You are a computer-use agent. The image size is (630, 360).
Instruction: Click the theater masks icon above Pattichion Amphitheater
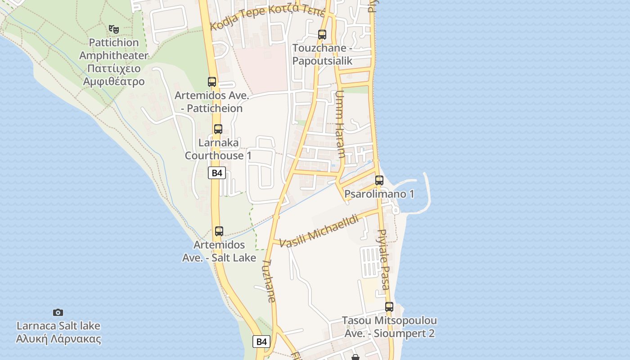point(114,29)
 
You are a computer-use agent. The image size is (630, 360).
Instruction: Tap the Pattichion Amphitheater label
point(114,62)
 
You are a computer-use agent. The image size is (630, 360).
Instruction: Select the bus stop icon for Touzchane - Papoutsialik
point(322,35)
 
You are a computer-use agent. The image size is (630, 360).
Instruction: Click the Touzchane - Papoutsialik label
point(322,54)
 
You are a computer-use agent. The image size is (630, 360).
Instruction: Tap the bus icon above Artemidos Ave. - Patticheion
point(212,82)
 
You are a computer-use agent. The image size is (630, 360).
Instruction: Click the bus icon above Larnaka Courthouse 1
point(218,129)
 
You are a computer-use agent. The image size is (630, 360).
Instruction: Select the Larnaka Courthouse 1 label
point(218,149)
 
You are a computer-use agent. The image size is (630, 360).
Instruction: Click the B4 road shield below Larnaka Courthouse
point(217,173)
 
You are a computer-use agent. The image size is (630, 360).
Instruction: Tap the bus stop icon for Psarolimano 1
point(379,180)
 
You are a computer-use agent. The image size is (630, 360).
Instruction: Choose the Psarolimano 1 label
point(379,194)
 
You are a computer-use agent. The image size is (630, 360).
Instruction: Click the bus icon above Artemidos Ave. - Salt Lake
point(219,231)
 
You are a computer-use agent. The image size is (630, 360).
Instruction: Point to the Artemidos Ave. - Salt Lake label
point(219,251)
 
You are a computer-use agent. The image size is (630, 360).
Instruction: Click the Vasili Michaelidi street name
point(319,232)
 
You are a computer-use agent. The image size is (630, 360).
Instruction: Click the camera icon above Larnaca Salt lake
point(58,312)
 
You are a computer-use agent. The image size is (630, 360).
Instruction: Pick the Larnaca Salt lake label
point(58,332)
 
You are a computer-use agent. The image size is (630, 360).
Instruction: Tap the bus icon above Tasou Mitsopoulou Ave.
point(389,307)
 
